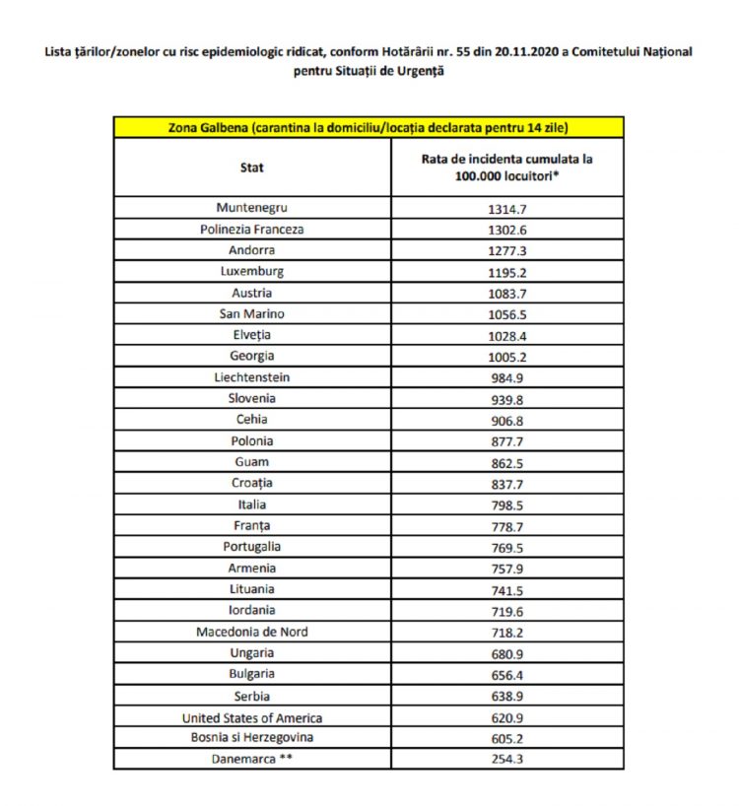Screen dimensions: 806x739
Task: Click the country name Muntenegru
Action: pyautogui.click(x=252, y=208)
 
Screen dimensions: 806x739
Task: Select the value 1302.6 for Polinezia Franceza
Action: pyautogui.click(x=507, y=230)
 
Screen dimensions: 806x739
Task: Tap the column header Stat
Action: pyautogui.click(x=252, y=168)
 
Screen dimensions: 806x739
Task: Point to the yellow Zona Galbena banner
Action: pyautogui.click(x=369, y=128)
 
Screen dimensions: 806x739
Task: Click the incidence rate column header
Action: pyautogui.click(x=507, y=167)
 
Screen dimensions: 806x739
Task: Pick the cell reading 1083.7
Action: pyautogui.click(x=507, y=294)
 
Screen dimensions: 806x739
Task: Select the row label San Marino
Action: pyautogui.click(x=252, y=314)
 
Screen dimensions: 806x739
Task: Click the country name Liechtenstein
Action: pyautogui.click(x=252, y=377)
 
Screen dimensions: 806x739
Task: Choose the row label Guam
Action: pyautogui.click(x=252, y=462)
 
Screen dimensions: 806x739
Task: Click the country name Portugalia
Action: pyautogui.click(x=252, y=547)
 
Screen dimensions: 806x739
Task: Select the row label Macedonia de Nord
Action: pyautogui.click(x=252, y=632)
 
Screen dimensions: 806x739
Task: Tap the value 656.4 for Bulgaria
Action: pyautogui.click(x=507, y=675)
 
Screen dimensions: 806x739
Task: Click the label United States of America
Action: pyautogui.click(x=252, y=717)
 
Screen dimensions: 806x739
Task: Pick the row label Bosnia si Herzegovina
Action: pyautogui.click(x=252, y=738)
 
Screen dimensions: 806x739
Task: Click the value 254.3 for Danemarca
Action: pyautogui.click(x=507, y=760)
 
